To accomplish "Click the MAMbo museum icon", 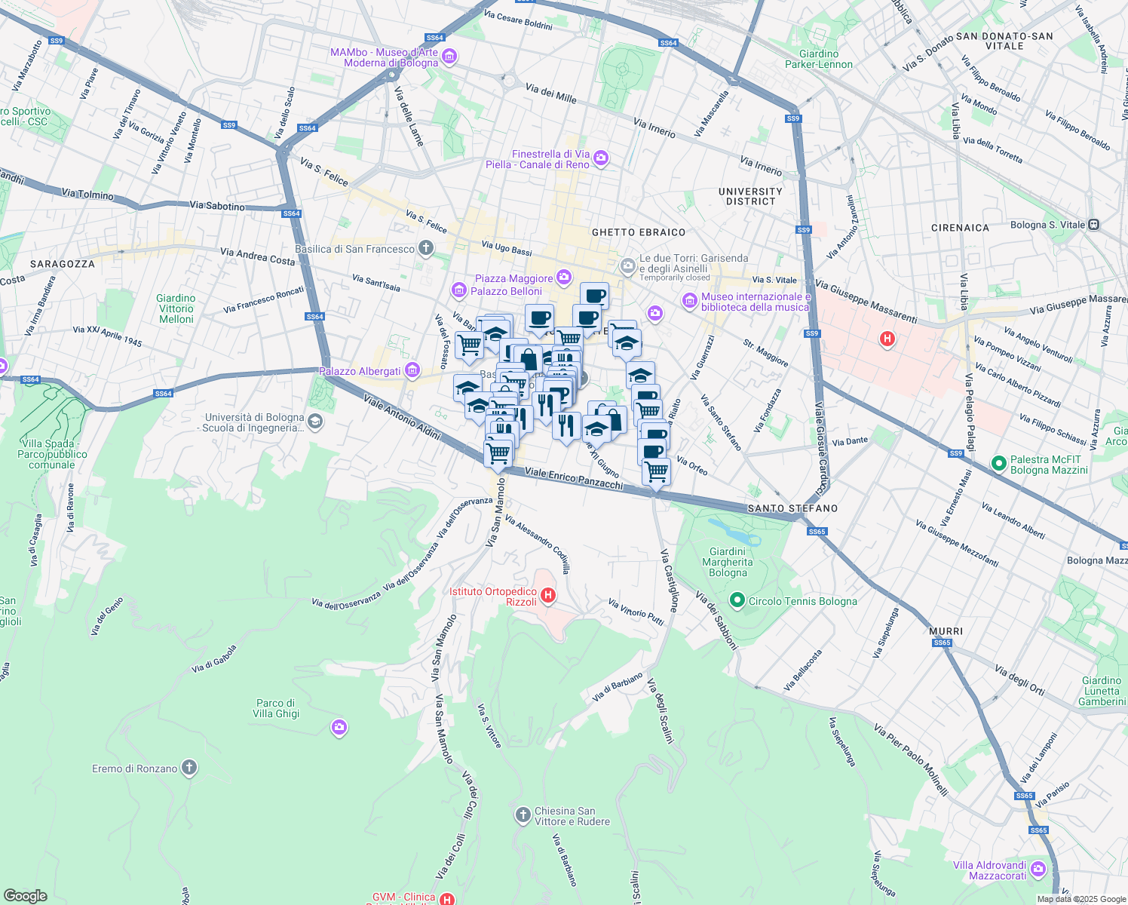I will pos(450,57).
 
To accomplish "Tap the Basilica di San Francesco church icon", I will pos(426,248).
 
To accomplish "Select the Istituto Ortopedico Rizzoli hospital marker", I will pos(548,596).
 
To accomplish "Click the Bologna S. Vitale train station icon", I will pos(1094,225).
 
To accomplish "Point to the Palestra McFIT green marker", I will pos(999,464).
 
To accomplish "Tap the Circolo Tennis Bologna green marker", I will pos(737,600).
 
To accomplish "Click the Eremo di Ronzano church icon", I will pos(189,768).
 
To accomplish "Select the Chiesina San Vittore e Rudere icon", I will pos(523,815).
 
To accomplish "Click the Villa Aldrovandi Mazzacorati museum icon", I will pos(1038,870).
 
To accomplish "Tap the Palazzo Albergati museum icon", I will pos(412,370).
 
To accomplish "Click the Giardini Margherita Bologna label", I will pos(727,562).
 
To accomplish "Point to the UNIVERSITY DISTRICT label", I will pos(750,196).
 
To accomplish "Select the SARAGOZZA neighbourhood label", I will pos(63,264).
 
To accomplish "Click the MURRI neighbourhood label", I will pos(946,631).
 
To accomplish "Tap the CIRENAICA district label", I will pos(960,228).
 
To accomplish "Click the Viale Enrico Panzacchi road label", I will pos(574,478).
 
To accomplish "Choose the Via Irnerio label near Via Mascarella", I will pos(654,127).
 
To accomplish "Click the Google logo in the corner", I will pos(25,895).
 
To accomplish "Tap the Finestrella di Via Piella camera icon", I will pos(601,158).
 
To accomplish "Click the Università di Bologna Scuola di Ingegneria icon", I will pos(315,422).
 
